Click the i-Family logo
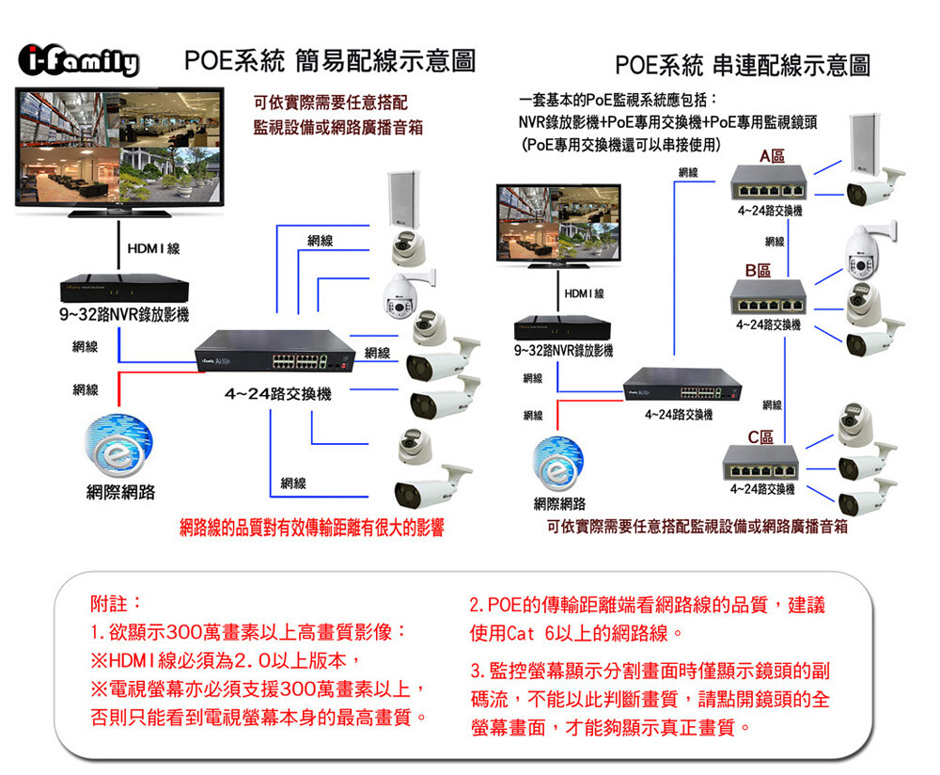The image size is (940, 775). point(79,63)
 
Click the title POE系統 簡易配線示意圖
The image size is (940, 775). point(329,62)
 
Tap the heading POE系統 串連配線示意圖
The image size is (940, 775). point(742,65)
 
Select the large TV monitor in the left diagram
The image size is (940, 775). point(118,150)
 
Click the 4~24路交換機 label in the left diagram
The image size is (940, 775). point(276,392)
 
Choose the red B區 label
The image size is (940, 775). point(759,271)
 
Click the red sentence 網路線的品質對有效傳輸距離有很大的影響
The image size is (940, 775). point(312,528)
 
